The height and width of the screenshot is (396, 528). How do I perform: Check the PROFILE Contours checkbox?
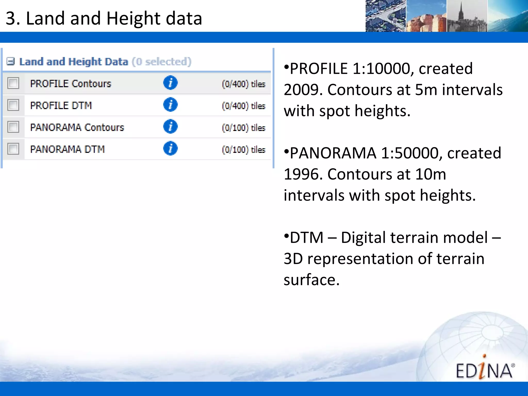click(x=13, y=83)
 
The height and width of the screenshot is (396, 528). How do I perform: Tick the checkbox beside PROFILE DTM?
click(x=13, y=105)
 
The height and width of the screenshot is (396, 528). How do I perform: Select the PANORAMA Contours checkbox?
click(x=13, y=127)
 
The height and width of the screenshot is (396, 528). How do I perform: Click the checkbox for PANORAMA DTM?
click(x=13, y=149)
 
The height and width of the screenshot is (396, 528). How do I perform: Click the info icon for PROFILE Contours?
click(x=170, y=83)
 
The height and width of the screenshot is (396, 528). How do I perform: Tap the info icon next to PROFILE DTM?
click(x=170, y=105)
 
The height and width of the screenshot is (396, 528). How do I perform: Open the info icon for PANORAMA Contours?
click(x=170, y=127)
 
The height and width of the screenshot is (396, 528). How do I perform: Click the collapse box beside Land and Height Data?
click(x=11, y=62)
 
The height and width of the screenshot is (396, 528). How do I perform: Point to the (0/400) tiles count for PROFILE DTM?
click(x=243, y=106)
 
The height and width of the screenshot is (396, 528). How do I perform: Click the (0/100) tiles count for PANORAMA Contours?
click(x=243, y=128)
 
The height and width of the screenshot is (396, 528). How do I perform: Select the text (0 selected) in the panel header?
click(x=162, y=62)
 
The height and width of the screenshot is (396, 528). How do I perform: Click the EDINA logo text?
click(x=484, y=370)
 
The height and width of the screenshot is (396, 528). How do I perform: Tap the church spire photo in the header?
click(x=467, y=16)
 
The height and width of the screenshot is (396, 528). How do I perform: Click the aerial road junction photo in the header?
click(x=386, y=16)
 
